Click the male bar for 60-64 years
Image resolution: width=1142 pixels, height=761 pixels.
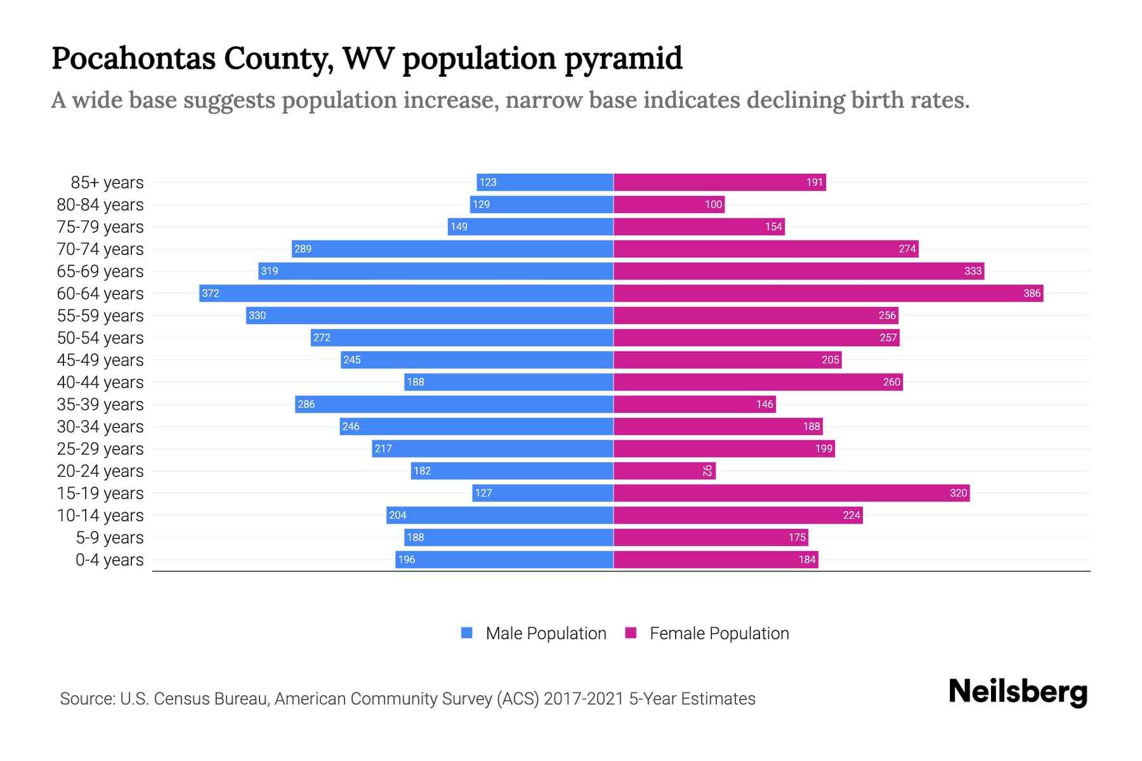click(x=406, y=293)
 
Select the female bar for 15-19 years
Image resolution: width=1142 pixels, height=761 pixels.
click(x=791, y=493)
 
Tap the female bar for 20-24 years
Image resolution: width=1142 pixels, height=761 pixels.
click(x=664, y=471)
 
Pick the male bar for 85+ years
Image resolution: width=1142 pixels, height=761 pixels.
click(x=545, y=182)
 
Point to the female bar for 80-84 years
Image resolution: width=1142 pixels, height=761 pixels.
click(x=669, y=204)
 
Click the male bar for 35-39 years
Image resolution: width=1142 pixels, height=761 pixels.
click(x=454, y=404)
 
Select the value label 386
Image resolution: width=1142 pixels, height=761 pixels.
click(x=1032, y=293)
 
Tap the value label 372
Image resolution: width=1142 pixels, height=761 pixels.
click(x=211, y=293)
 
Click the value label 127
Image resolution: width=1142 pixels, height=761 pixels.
click(x=483, y=493)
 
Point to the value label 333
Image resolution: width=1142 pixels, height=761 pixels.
click(x=973, y=271)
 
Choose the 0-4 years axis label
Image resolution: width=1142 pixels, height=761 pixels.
click(x=110, y=560)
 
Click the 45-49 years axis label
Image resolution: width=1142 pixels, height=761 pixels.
click(x=100, y=360)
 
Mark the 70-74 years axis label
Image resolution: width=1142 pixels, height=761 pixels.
click(x=100, y=249)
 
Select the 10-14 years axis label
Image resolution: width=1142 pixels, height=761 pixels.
click(x=100, y=516)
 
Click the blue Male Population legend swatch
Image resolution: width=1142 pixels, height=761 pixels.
click(x=467, y=633)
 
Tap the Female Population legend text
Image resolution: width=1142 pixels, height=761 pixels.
click(x=719, y=634)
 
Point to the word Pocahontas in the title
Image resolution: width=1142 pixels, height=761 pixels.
click(x=133, y=58)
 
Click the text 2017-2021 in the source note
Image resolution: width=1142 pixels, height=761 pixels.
click(x=584, y=699)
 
